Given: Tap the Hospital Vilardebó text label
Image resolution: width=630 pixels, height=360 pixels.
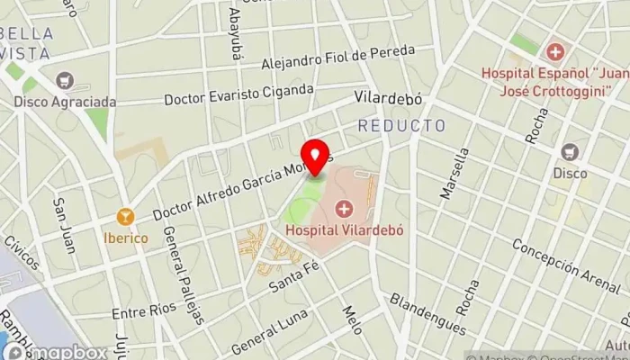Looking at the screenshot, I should coord(344,229).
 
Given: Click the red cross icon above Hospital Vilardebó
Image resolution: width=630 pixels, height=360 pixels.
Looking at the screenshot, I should coord(344,211).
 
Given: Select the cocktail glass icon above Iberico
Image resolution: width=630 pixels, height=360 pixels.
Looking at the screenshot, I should coord(125,217).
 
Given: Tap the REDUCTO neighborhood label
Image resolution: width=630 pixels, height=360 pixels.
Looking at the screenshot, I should coord(401,126).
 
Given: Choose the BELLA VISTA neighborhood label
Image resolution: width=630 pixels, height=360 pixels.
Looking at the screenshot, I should coord(27,43).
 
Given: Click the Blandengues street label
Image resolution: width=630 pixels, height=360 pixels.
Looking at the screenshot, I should coord(427,314).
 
